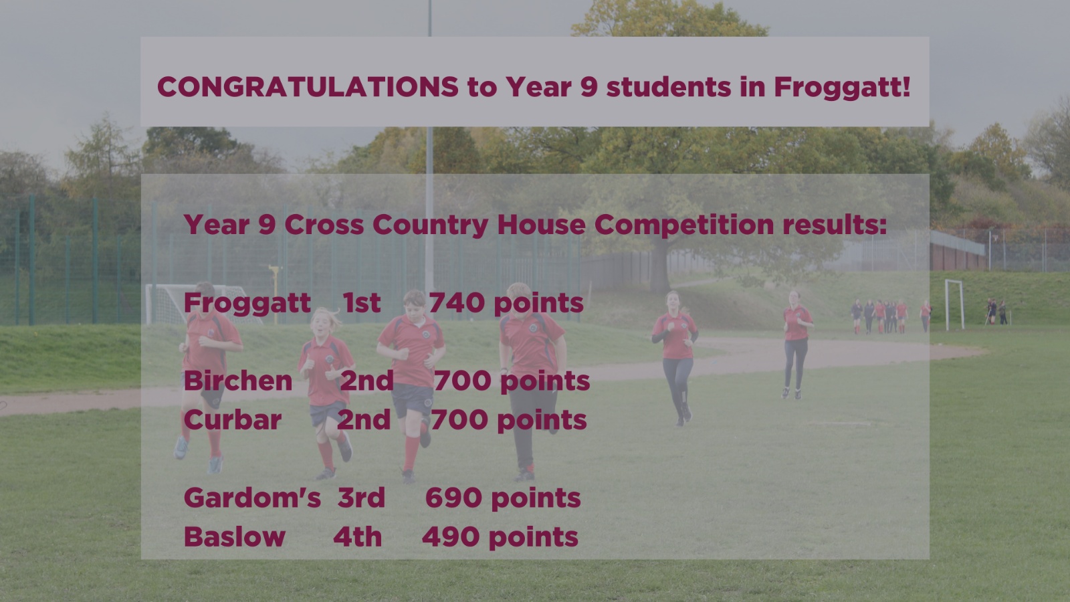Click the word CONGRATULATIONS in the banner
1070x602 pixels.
pyautogui.click(x=308, y=87)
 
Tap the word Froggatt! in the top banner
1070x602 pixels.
pyautogui.click(x=842, y=88)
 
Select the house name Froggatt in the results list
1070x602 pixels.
pyautogui.click(x=247, y=304)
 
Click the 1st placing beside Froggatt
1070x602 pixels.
pyautogui.click(x=362, y=302)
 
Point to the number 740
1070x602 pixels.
pyautogui.click(x=457, y=302)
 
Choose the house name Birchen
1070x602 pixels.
pyautogui.click(x=238, y=381)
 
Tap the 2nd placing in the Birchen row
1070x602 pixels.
pyautogui.click(x=366, y=381)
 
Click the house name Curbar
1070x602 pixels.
pyautogui.click(x=233, y=420)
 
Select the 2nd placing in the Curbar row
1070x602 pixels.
pyautogui.click(x=364, y=420)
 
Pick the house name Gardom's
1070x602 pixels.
pyautogui.click(x=252, y=498)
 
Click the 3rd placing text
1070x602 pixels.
pyautogui.click(x=361, y=498)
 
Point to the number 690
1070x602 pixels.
pyautogui.click(x=454, y=498)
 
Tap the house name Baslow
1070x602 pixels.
pyautogui.click(x=235, y=536)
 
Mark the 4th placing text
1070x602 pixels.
pyautogui.click(x=357, y=536)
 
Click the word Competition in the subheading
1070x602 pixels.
pyautogui.click(x=684, y=225)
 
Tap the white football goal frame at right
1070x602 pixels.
pyautogui.click(x=954, y=304)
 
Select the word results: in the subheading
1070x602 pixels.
pyautogui.click(x=835, y=225)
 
